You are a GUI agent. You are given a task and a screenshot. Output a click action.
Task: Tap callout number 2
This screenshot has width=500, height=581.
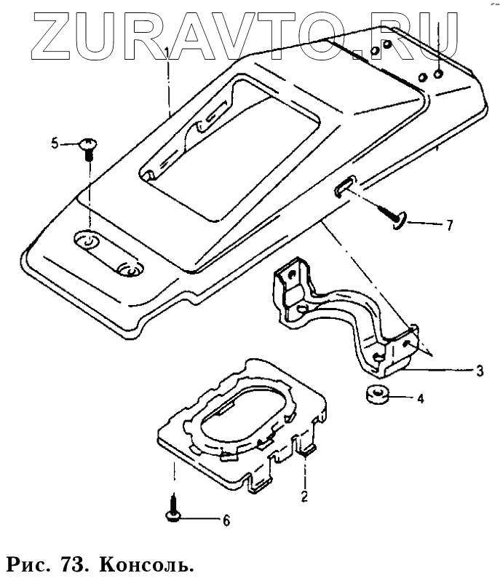[x=304, y=498]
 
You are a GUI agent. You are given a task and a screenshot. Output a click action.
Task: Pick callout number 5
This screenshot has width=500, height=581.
[x=54, y=143]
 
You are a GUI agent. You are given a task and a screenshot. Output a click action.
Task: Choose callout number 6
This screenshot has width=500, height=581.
[x=226, y=521]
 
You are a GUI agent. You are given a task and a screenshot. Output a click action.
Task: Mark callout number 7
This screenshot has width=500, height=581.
[x=448, y=225]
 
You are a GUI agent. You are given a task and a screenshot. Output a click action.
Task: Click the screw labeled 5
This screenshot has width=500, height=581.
[x=87, y=148]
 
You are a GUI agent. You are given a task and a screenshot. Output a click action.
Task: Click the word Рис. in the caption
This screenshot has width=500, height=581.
[x=29, y=565]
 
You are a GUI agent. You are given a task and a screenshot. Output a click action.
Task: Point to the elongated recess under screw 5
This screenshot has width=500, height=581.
[x=109, y=253]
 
